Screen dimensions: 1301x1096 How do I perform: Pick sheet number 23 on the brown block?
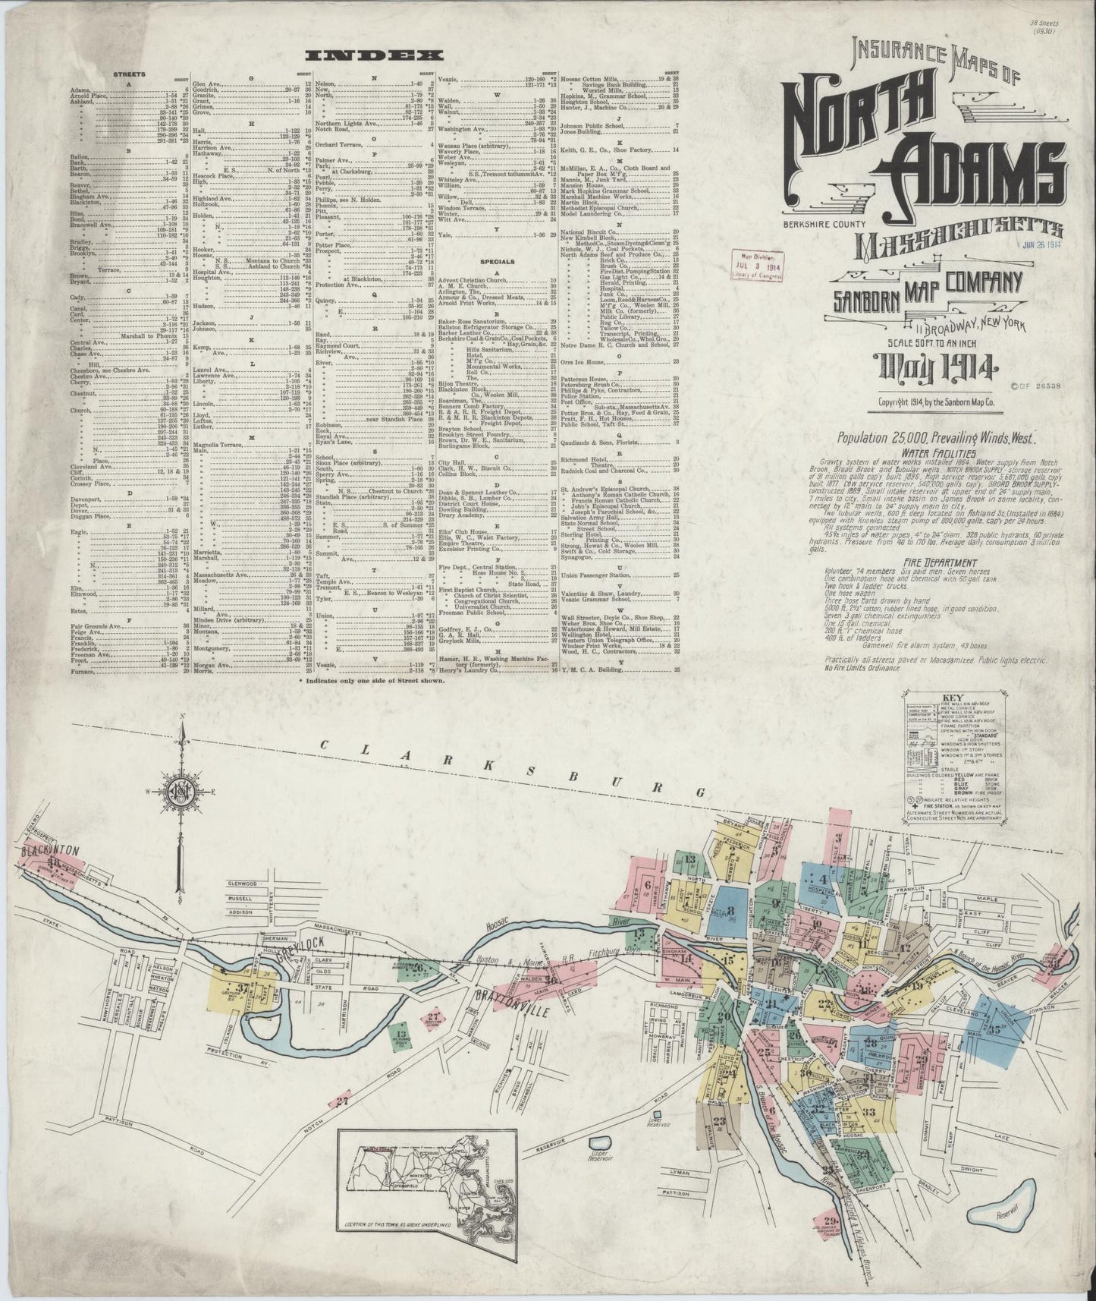pos(719,1121)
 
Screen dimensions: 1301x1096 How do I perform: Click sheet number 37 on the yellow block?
pos(242,988)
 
